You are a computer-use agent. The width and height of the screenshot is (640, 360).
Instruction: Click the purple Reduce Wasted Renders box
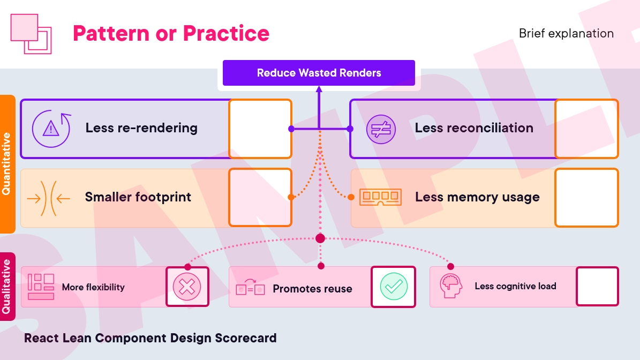coord(319,73)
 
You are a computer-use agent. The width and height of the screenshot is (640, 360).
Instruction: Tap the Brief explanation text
coord(566,33)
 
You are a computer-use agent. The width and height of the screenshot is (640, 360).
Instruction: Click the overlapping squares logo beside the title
coord(31,34)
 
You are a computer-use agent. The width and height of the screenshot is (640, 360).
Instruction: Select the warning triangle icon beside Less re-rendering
coord(51,129)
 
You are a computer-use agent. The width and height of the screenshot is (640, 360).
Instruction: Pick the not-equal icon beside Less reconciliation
coord(381,130)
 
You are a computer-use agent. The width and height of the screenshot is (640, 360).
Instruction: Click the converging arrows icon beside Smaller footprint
coord(48,198)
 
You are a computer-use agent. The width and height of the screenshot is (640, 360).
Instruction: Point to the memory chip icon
coord(380,197)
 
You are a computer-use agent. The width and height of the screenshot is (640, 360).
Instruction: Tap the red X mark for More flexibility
coord(187,287)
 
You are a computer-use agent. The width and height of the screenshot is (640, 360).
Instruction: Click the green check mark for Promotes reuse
coord(394,287)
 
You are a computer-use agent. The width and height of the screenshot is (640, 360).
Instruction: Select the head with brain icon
coord(451,286)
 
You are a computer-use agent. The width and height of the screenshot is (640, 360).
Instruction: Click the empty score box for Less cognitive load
coord(598,286)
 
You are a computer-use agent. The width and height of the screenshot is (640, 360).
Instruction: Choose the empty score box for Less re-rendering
coord(260,129)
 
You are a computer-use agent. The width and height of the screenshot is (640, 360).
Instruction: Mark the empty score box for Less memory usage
coord(587,198)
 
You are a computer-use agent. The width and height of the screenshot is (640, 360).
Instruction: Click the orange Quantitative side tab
coord(7,164)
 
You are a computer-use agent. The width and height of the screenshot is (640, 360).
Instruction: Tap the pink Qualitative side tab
coord(7,287)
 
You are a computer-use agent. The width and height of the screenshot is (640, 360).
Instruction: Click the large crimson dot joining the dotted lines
coord(320,238)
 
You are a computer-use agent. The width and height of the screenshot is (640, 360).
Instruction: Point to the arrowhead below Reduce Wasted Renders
coord(319,89)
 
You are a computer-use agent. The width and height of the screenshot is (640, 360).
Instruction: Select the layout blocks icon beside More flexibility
coord(41,287)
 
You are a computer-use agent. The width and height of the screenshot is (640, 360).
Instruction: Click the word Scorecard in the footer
coord(246,338)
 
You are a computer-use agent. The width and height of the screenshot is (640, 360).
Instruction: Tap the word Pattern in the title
coord(111,33)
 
